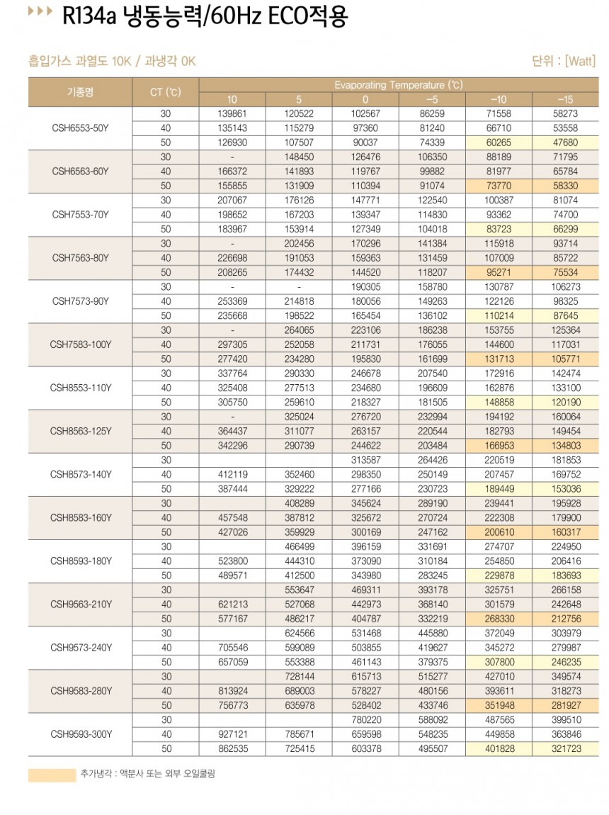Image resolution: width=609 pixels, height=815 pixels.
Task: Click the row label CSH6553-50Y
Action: pyautogui.click(x=80, y=128)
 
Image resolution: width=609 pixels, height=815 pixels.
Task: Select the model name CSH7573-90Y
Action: pyautogui.click(x=80, y=301)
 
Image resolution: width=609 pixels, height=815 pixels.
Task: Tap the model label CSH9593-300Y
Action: pyautogui.click(x=80, y=734)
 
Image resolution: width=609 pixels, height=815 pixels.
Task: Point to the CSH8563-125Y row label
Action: pyautogui.click(x=80, y=431)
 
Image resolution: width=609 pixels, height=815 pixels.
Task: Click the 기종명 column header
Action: pyautogui.click(x=80, y=92)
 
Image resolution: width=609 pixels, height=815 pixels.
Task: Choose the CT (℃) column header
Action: pyautogui.click(x=166, y=92)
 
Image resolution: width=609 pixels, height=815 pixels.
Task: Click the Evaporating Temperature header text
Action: pyautogui.click(x=398, y=85)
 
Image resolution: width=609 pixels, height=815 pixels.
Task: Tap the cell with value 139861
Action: pyautogui.click(x=232, y=113)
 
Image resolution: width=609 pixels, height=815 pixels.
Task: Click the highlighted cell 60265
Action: pyautogui.click(x=499, y=142)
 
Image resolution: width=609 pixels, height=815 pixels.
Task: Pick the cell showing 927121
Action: pyautogui.click(x=232, y=734)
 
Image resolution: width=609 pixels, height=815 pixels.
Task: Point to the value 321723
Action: pyautogui.click(x=564, y=748)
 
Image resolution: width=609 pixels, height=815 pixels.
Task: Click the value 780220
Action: pyautogui.click(x=365, y=719)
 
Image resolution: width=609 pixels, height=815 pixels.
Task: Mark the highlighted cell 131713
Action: pyautogui.click(x=499, y=359)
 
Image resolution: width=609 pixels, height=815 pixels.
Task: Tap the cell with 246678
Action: pyautogui.click(x=365, y=373)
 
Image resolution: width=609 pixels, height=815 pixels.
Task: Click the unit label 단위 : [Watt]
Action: pyautogui.click(x=563, y=61)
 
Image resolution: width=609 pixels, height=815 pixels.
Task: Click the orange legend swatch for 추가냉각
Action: pyautogui.click(x=52, y=775)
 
